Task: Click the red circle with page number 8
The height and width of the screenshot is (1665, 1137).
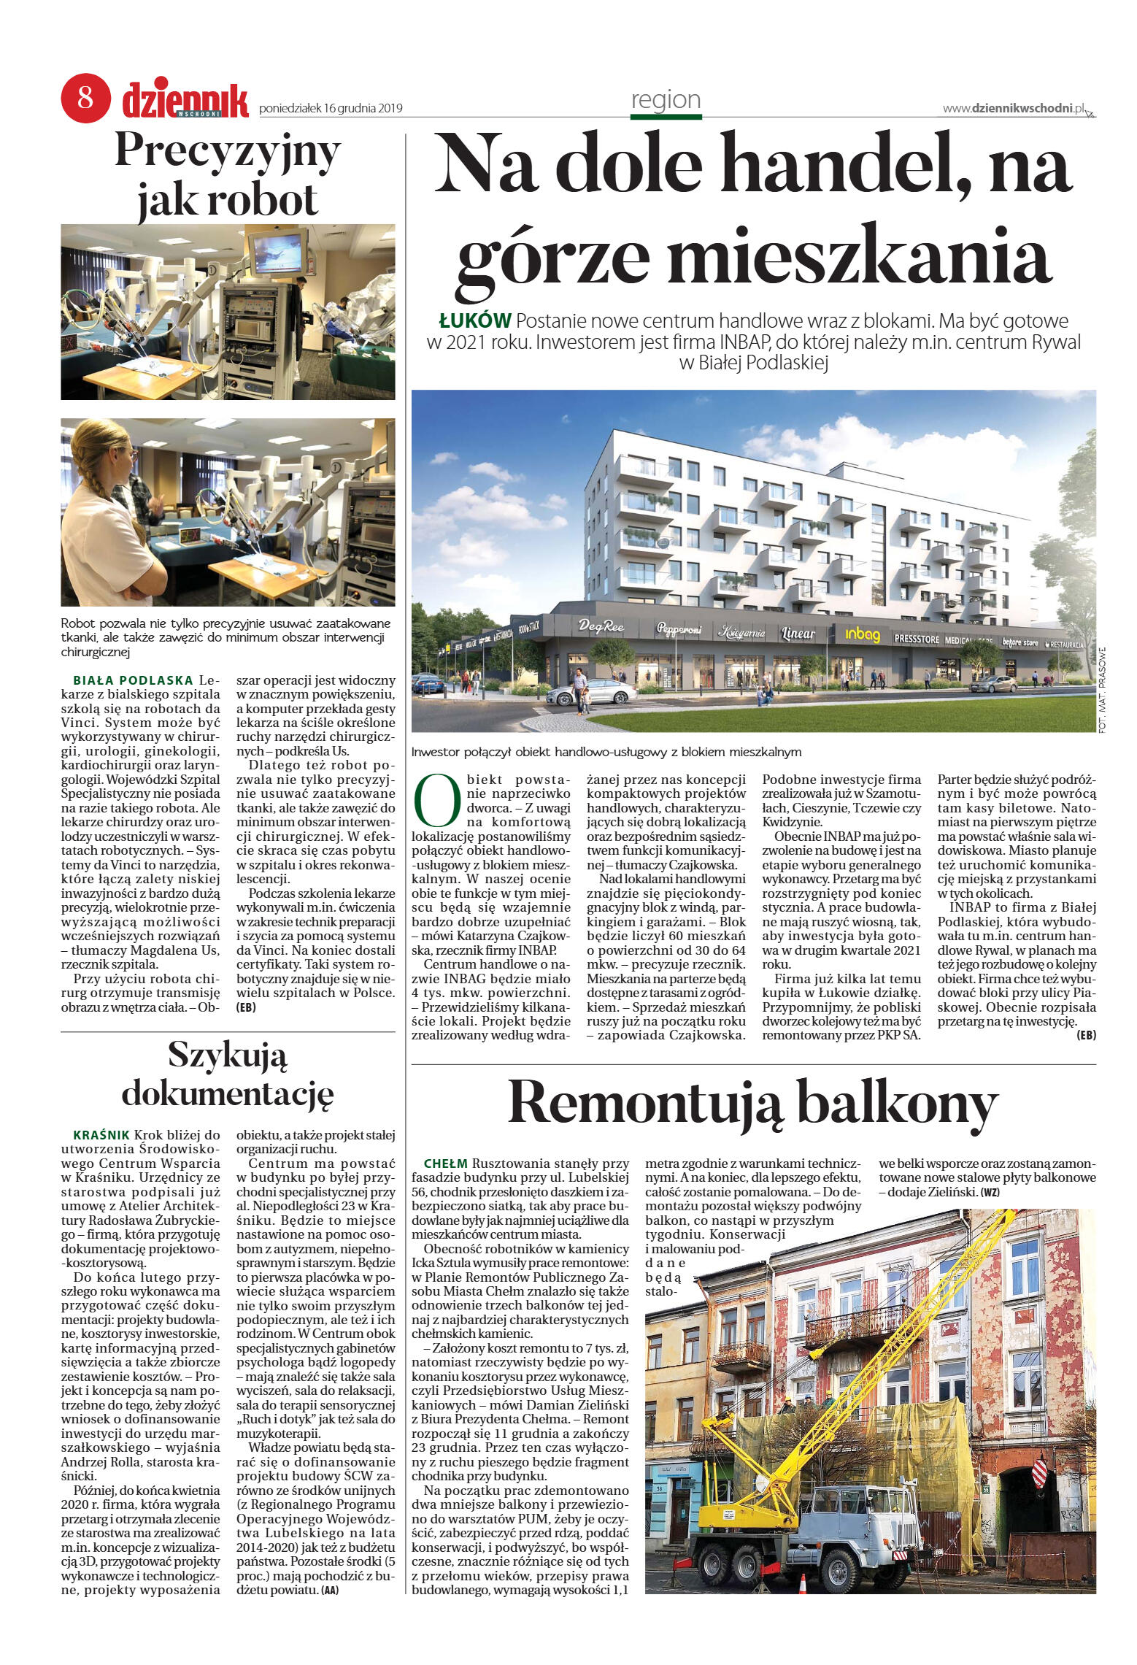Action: [85, 99]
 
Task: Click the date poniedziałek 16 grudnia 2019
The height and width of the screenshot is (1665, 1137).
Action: [331, 109]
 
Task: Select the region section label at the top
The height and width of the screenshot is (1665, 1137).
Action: [665, 99]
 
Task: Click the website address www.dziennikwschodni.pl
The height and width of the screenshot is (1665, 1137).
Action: [1014, 108]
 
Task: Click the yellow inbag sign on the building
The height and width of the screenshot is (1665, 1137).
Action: [863, 634]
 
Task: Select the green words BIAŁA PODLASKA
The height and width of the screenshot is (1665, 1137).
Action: [133, 681]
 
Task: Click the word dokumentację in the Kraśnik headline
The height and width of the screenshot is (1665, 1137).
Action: [227, 1094]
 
